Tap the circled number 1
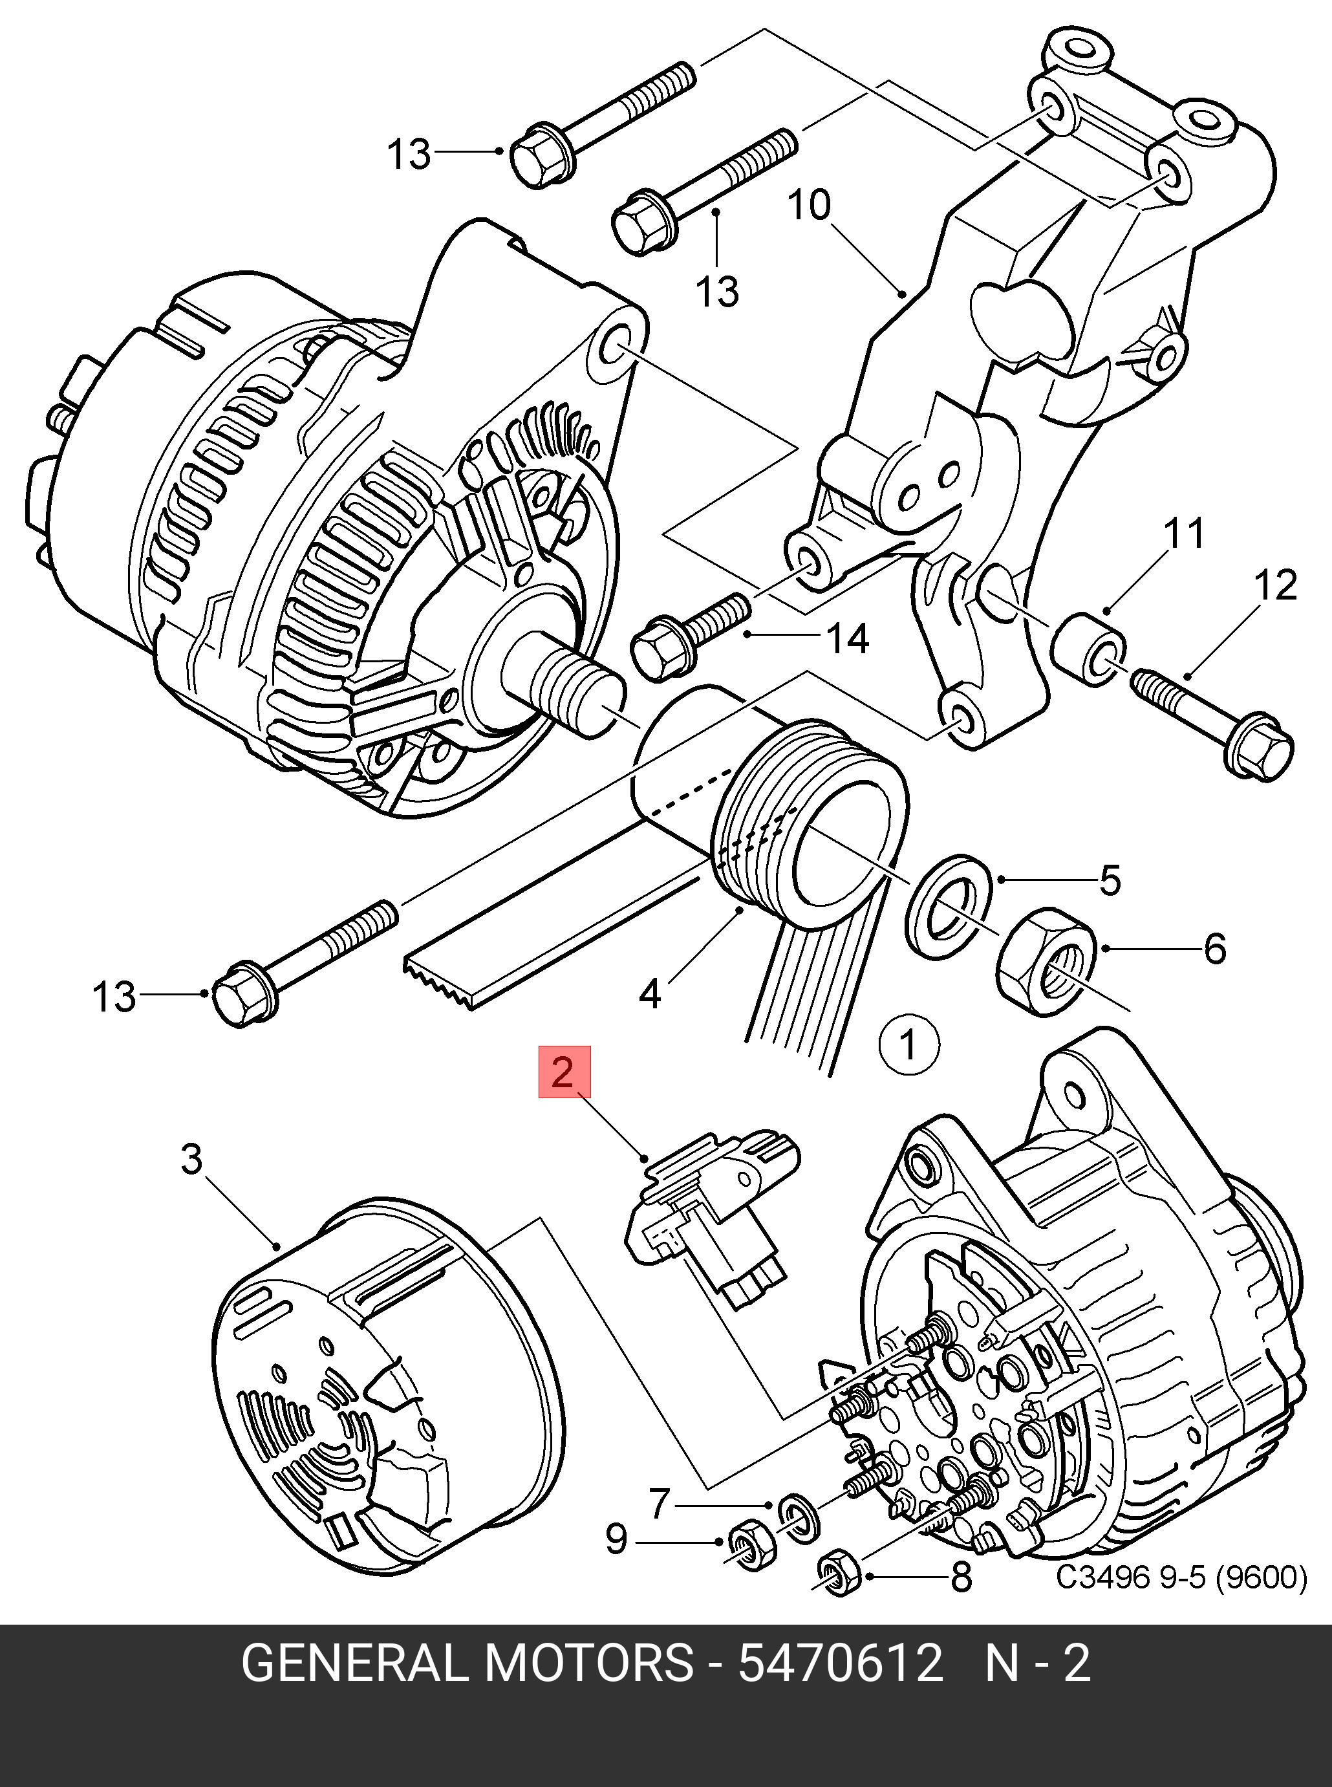pos(908,1046)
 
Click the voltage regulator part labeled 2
pos(709,1225)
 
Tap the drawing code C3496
pos(1101,1576)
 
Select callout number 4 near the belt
pos(650,994)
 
